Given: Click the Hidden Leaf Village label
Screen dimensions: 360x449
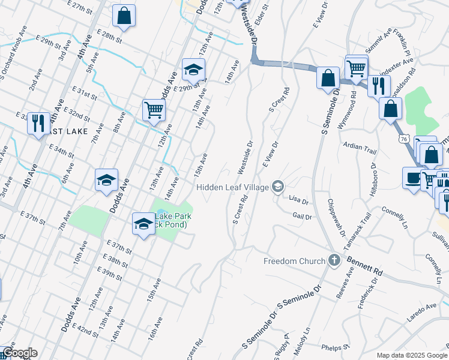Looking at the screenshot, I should click(233, 188).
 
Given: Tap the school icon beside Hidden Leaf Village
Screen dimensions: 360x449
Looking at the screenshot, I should click(277, 187).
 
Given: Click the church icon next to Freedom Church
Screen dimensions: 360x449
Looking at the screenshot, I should click(335, 261).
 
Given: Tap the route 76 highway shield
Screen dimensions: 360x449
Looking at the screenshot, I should click(403, 139).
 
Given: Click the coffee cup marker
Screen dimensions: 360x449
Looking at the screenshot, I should click(413, 178).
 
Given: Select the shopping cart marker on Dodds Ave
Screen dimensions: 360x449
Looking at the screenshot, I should click(154, 110).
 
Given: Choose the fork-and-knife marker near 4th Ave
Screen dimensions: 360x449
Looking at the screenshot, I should click(39, 123).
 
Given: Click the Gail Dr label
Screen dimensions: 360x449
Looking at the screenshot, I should click(303, 216).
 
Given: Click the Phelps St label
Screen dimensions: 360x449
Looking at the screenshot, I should click(331, 347).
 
